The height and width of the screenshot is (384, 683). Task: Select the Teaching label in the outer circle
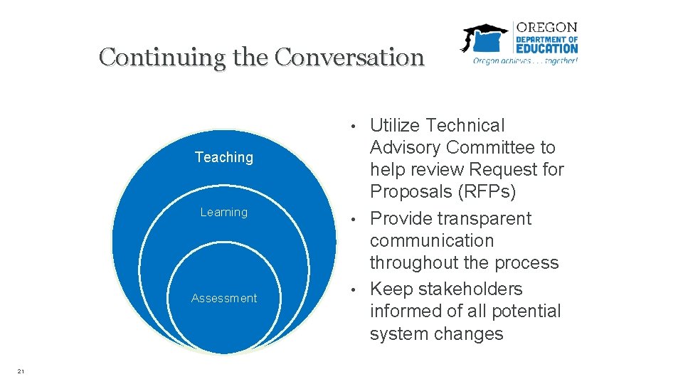224,157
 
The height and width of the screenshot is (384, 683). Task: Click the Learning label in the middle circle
224,212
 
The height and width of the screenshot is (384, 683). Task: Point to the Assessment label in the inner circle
224,298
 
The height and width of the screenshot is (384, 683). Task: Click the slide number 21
21,370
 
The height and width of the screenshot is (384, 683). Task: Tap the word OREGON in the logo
547,28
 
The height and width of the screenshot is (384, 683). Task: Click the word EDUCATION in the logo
547,49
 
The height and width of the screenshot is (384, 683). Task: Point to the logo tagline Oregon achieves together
526,61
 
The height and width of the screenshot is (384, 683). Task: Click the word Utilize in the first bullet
395,126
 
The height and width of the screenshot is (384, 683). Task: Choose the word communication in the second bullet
431,241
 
